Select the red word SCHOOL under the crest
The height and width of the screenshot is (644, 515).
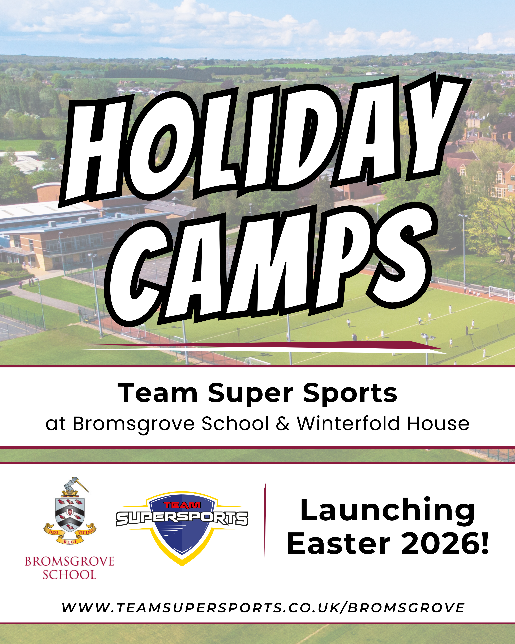(x=69, y=575)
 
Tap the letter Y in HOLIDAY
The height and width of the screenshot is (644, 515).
(x=433, y=125)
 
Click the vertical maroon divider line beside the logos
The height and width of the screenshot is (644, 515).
(x=265, y=530)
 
